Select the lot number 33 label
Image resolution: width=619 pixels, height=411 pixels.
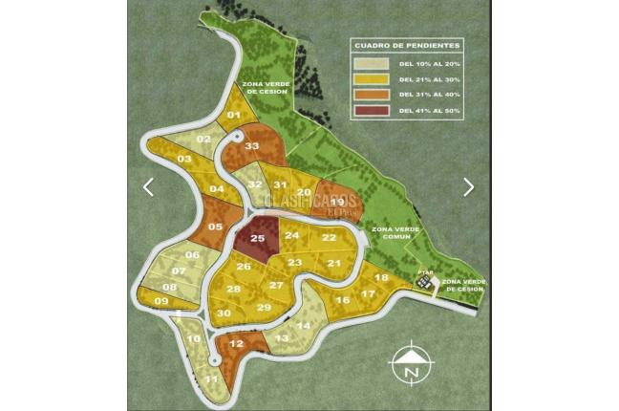point(252,146)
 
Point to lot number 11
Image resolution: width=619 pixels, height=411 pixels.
point(211,379)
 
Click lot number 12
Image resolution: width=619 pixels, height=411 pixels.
point(236,344)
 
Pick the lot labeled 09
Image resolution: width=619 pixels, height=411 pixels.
point(160,302)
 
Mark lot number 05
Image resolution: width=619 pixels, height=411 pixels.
point(215,227)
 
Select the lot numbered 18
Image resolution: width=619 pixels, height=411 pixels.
point(381,278)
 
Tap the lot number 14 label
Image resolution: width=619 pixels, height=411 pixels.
point(304,325)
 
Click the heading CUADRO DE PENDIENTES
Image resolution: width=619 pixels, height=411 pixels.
point(409,45)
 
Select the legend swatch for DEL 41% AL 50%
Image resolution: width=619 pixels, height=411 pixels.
point(368,112)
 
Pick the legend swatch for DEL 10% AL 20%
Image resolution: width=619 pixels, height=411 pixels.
point(368,63)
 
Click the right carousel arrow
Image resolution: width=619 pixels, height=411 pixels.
point(468,187)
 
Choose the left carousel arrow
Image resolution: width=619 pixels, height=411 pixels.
point(148,187)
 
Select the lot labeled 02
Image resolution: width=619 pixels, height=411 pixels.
point(203,140)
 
